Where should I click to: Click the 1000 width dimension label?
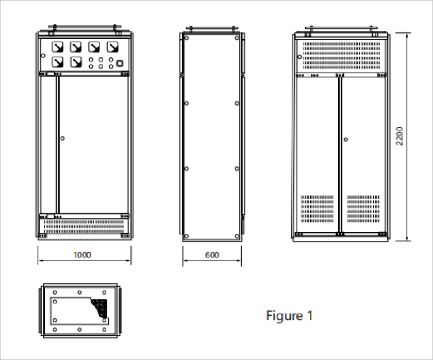pos(82,255)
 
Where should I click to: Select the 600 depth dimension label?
pos(212,255)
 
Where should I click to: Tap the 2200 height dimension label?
pos(400,137)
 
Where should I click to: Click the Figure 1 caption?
pos(289,316)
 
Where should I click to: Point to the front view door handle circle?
pos(62,138)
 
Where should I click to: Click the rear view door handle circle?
pos(346,139)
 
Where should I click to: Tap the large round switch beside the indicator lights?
pos(119,63)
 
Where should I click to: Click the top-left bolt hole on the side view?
pos(186,38)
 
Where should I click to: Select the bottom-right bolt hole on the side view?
pos(237,236)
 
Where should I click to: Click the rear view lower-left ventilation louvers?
pos(317,209)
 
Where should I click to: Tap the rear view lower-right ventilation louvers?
pos(363,209)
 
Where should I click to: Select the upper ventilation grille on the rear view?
pos(341,55)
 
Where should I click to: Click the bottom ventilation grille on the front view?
pos(84,227)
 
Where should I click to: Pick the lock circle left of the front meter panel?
pos(43,56)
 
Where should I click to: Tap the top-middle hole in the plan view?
pos(80,292)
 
